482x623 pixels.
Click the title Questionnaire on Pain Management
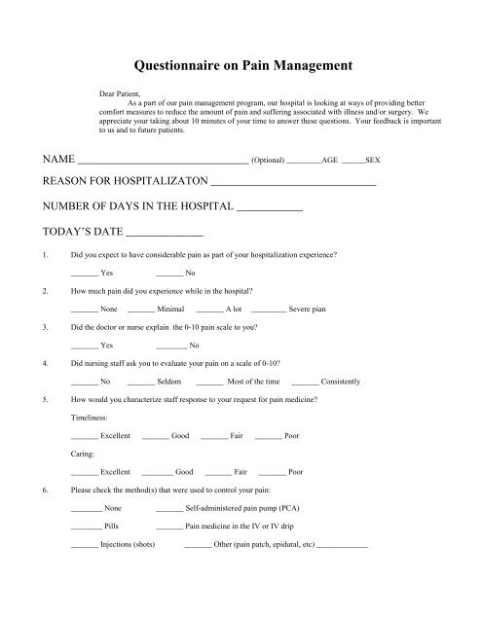click(x=241, y=67)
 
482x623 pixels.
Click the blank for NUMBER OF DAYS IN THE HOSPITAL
click(x=270, y=208)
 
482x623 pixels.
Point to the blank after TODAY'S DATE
click(x=166, y=234)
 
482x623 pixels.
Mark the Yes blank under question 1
click(x=85, y=274)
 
